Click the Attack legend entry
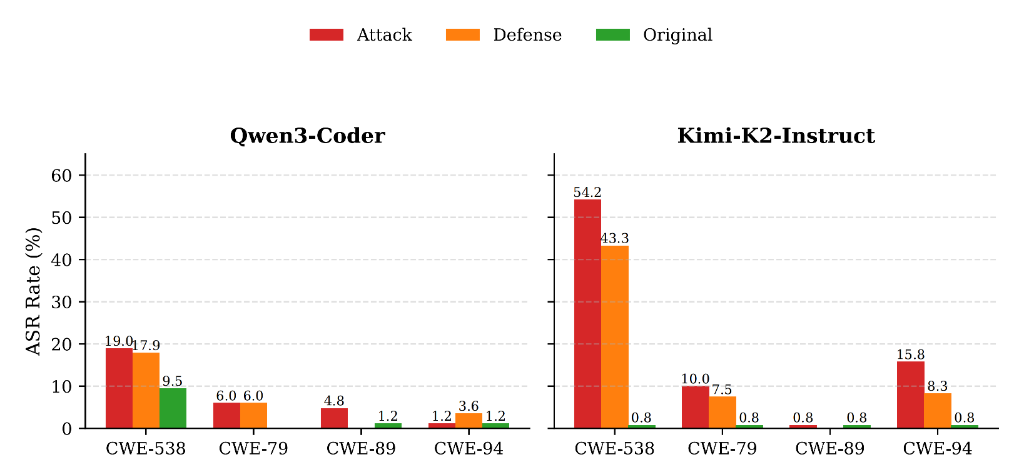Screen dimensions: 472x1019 pos(360,35)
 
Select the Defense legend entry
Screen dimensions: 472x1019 pos(504,35)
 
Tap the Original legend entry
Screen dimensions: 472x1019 pos(654,35)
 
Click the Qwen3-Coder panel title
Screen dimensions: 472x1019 pos(307,136)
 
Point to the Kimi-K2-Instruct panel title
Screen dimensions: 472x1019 pos(776,136)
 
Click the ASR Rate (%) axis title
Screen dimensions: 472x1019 pos(34,291)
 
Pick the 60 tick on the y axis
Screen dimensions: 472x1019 pos(61,175)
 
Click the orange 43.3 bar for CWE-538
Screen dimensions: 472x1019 pos(614,337)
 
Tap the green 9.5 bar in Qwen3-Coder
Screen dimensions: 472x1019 pos(173,408)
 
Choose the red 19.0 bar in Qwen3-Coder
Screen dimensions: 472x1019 pos(119,388)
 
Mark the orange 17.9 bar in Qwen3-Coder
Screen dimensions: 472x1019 pos(146,391)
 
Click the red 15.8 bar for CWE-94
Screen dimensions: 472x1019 pos(910,395)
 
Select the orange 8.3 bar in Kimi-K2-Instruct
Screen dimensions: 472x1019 pos(937,411)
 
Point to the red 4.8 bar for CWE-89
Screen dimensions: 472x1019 pos(334,418)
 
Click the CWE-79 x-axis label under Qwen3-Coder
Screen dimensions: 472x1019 pos(253,449)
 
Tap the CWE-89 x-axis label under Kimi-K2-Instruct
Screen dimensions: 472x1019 pos(829,449)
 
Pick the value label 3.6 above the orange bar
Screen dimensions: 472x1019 pos(469,407)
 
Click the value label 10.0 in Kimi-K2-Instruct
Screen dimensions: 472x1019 pos(695,379)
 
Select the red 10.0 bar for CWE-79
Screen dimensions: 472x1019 pos(695,407)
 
